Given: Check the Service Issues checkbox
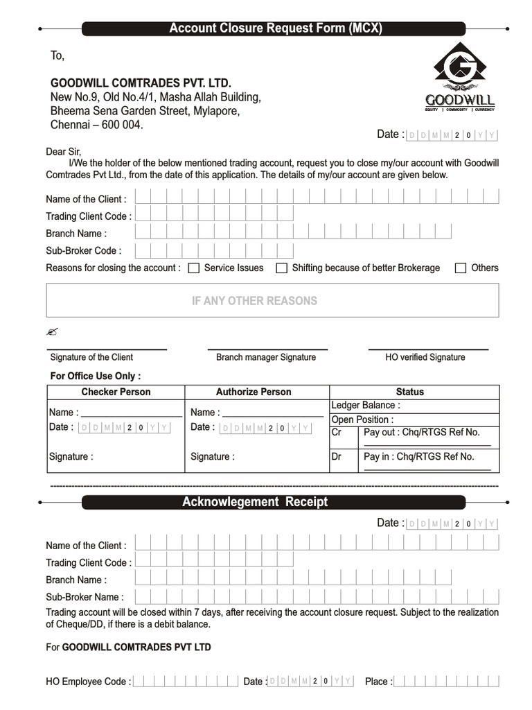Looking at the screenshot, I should pyautogui.click(x=195, y=268).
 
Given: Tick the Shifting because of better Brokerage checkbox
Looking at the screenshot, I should pyautogui.click(x=282, y=268).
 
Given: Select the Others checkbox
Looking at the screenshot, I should pyautogui.click(x=461, y=268).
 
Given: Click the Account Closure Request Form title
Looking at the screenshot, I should pyautogui.click(x=276, y=28).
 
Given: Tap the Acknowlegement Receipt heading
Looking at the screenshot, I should pyautogui.click(x=255, y=502).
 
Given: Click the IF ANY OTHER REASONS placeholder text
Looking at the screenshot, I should pyautogui.click(x=254, y=301).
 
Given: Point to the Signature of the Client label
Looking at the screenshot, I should pyautogui.click(x=91, y=357).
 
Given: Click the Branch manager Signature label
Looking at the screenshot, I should pyautogui.click(x=266, y=357).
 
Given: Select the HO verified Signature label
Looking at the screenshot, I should pyautogui.click(x=425, y=357).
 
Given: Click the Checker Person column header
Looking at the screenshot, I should pyautogui.click(x=116, y=392).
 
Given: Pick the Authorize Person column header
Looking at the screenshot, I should pyautogui.click(x=254, y=392).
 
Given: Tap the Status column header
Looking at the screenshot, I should pyautogui.click(x=410, y=392).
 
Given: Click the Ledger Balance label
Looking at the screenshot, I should pyautogui.click(x=366, y=405).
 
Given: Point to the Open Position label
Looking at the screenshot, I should pyautogui.click(x=362, y=419).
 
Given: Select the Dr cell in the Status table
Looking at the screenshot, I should pyautogui.click(x=337, y=457).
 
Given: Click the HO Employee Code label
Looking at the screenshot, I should pyautogui.click(x=88, y=682).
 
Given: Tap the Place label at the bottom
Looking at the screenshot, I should pyautogui.click(x=378, y=682).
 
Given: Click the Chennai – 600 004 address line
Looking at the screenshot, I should pyautogui.click(x=97, y=125).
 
